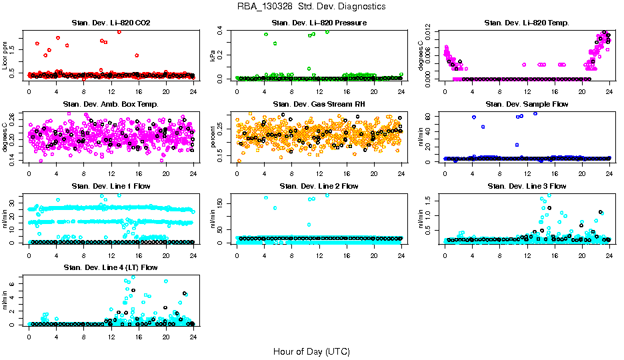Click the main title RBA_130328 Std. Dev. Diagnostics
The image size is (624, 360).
click(311, 7)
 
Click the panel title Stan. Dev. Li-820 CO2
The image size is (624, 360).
click(111, 23)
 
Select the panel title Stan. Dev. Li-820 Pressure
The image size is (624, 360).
click(319, 23)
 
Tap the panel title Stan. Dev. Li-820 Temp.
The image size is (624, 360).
click(527, 23)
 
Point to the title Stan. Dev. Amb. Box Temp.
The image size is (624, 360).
click(111, 105)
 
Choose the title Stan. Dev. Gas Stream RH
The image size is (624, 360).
click(319, 105)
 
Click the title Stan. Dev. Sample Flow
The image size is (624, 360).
click(527, 105)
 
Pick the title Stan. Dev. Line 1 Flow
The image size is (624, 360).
click(111, 186)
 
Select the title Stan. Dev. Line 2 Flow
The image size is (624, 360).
click(319, 186)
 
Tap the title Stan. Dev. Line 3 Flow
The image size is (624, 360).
click(527, 186)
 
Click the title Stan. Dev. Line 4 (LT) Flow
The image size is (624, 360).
click(111, 267)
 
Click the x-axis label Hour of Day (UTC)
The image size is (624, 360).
click(311, 351)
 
